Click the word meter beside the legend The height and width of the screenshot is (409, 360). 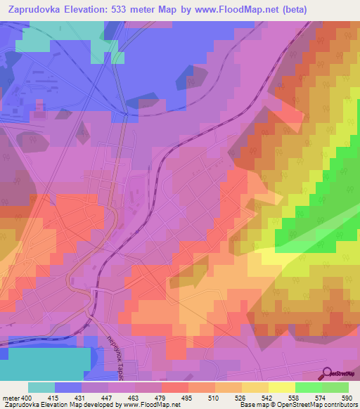(x=11, y=397)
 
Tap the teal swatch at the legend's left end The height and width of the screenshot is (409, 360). (x=41, y=387)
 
